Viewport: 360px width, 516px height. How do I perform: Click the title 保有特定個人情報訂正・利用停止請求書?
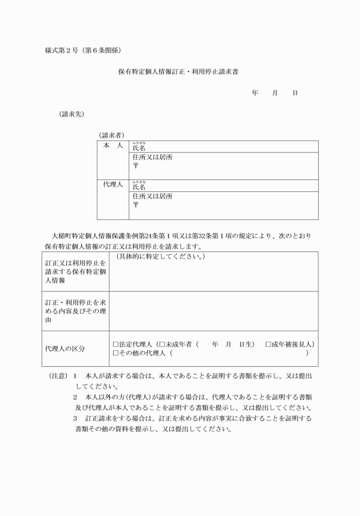click(x=183, y=73)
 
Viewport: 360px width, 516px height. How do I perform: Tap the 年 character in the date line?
click(x=255, y=93)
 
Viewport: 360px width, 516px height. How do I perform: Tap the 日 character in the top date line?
click(x=295, y=93)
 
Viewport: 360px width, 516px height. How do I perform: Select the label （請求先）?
click(x=71, y=114)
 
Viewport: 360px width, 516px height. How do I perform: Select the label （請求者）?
click(x=112, y=135)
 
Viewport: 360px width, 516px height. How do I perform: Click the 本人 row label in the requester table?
click(x=113, y=146)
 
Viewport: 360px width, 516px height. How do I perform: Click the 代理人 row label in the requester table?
click(x=113, y=185)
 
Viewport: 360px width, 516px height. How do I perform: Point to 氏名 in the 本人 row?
click(x=139, y=148)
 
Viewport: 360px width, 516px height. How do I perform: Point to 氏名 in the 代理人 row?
click(x=139, y=187)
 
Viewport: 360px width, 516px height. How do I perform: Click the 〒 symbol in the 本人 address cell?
click(x=135, y=166)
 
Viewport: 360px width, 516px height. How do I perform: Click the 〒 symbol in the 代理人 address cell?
click(x=135, y=205)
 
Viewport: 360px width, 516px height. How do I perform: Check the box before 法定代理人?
click(x=116, y=345)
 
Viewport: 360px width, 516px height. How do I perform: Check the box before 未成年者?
click(x=162, y=345)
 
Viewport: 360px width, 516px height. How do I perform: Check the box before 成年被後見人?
click(x=269, y=345)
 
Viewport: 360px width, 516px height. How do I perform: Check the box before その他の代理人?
click(x=116, y=353)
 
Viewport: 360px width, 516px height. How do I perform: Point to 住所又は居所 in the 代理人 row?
click(x=152, y=196)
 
